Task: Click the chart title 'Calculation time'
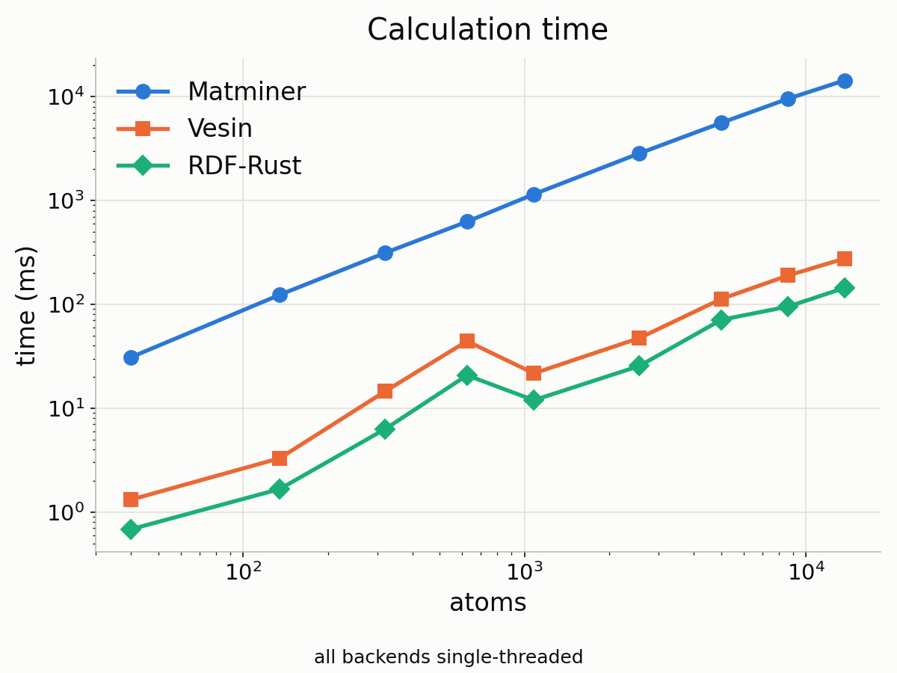[487, 29]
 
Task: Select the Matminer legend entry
[211, 91]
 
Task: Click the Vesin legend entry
[185, 129]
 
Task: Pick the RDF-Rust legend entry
[209, 165]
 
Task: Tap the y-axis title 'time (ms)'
[26, 306]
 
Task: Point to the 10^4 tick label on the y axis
[65, 96]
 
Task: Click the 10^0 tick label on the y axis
[65, 511]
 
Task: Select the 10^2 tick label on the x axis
[243, 571]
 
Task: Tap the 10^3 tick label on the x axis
[525, 571]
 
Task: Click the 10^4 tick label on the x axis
[806, 571]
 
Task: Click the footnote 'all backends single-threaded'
[449, 657]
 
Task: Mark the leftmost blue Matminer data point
[131, 358]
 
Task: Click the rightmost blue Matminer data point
[845, 81]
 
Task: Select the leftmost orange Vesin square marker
[131, 499]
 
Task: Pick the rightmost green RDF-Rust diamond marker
[845, 288]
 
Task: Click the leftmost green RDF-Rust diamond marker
[131, 529]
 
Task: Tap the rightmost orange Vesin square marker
[845, 259]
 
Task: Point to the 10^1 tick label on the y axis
[65, 408]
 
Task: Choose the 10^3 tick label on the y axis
[65, 200]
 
